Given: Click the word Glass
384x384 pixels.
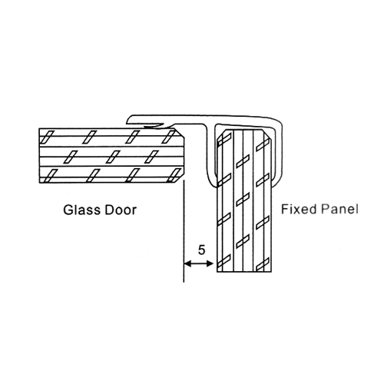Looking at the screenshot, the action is point(81,210).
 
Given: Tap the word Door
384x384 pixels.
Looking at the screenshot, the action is point(120,210).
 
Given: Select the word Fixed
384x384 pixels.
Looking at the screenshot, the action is point(299,209).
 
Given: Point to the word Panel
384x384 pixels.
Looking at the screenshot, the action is point(339,209).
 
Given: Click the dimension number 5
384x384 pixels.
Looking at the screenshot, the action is point(202,250).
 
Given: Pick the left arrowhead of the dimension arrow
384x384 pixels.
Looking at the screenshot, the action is point(187,263).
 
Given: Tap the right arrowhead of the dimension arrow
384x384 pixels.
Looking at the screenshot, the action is point(210,263).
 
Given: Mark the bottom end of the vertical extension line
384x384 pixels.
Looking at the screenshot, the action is point(184,282).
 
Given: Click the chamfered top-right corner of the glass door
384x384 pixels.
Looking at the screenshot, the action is point(180,133).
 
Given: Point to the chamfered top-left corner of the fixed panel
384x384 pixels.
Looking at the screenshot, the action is point(220,134).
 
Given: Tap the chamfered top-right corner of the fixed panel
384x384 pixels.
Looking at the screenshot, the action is point(267,134).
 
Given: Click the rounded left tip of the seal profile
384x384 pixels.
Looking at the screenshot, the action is point(128,119).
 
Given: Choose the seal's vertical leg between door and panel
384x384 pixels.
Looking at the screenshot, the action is point(210,155).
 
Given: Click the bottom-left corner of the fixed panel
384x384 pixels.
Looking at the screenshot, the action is point(217,272).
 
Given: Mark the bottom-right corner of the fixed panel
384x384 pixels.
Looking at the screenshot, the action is point(271,272).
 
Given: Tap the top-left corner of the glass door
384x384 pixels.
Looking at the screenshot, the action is point(39,128).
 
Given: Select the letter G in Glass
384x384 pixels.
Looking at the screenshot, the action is point(68,210).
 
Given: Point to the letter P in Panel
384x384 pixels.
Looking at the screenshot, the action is point(325,209).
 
